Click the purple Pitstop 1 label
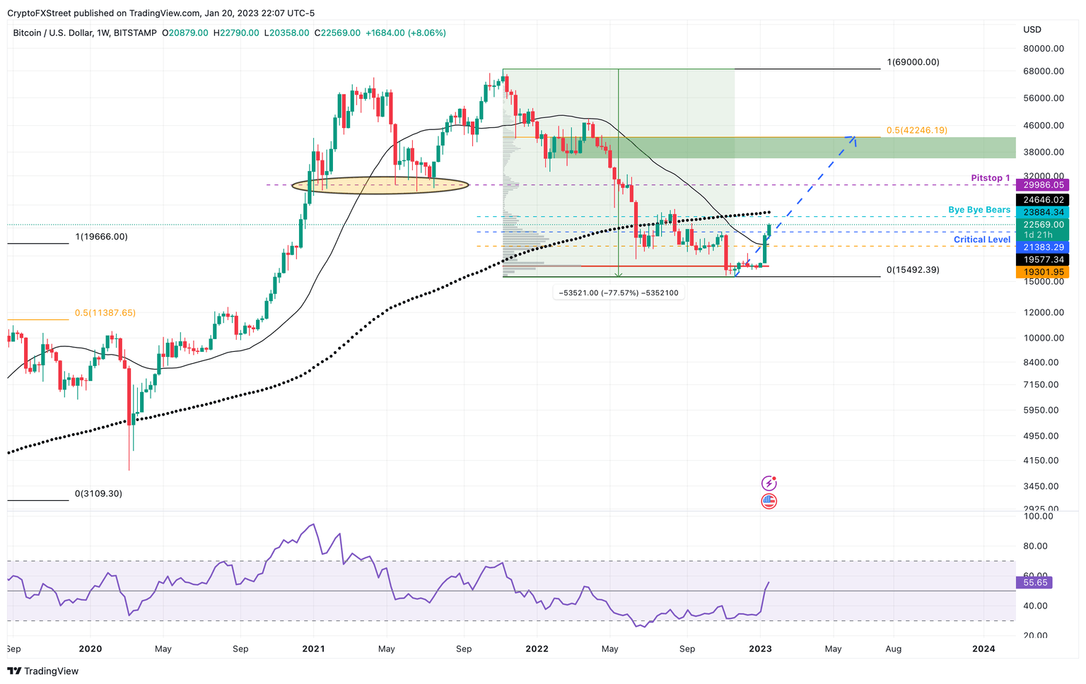[990, 178]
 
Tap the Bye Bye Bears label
[979, 210]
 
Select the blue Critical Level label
[982, 240]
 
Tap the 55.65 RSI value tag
[1034, 582]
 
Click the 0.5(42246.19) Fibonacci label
[916, 131]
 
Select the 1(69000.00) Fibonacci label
[913, 62]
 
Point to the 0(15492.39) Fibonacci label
[913, 270]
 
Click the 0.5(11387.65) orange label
[105, 313]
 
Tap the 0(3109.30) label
[98, 494]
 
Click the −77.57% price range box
[619, 293]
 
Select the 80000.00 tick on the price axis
[1043, 49]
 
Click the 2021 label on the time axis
[313, 649]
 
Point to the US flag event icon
[769, 501]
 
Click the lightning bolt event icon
[769, 483]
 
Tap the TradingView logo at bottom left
[43, 671]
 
